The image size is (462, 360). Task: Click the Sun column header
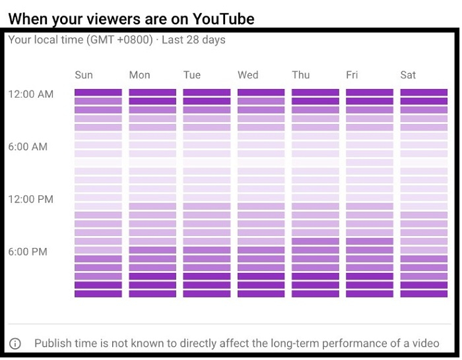point(84,75)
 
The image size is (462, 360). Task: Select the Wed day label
point(248,75)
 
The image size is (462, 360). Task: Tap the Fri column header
point(352,75)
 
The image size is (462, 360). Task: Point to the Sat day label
point(408,75)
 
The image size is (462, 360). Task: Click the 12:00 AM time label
point(31,94)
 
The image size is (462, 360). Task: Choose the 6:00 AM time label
point(28,147)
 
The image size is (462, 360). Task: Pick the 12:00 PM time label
point(31,199)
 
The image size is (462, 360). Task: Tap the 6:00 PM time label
point(28,252)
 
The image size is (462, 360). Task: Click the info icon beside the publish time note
point(15,344)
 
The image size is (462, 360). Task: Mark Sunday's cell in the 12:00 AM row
point(98,93)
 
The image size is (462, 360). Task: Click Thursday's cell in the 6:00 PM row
point(315,251)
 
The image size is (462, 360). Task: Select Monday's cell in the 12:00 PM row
point(152,198)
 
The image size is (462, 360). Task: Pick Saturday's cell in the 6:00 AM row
point(424,145)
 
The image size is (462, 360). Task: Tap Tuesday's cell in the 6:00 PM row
point(207,251)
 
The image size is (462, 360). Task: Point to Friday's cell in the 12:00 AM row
point(370,93)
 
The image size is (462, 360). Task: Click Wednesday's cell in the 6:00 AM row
point(261,145)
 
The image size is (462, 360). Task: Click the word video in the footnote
point(426,344)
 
